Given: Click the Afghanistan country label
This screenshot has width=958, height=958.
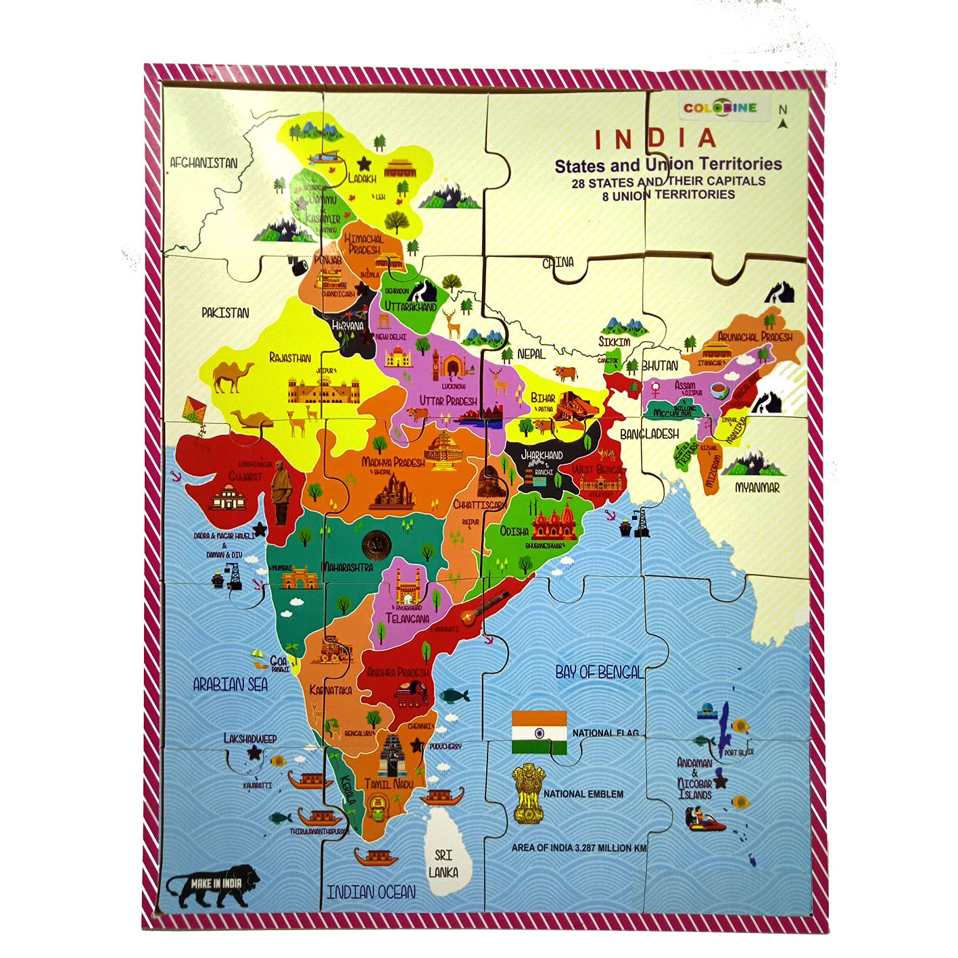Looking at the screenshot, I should [203, 163].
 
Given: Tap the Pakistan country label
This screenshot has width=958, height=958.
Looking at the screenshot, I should [225, 313].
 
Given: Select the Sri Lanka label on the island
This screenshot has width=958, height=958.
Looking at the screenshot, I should [444, 863].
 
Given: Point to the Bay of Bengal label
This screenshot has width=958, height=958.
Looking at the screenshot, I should [599, 672].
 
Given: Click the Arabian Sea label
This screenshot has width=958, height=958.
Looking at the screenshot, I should [230, 685].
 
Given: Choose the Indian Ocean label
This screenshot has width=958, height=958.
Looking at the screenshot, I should [371, 892].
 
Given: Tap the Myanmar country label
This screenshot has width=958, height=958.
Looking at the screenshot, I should [757, 487].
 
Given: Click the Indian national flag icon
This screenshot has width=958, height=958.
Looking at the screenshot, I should [539, 732].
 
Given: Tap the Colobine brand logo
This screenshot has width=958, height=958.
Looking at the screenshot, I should [719, 107].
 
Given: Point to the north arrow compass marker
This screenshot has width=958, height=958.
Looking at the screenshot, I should [783, 117].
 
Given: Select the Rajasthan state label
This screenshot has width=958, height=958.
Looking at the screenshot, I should [290, 358].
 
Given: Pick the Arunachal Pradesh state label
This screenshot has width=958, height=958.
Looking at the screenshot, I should [755, 336].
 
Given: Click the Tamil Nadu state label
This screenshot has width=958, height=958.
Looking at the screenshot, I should [389, 784].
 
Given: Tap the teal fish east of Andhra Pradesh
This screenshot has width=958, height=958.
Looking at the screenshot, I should [454, 695].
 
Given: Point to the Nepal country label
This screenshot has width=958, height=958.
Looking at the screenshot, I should [531, 354].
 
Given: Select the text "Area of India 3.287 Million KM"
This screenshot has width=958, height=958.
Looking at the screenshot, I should [579, 848].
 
